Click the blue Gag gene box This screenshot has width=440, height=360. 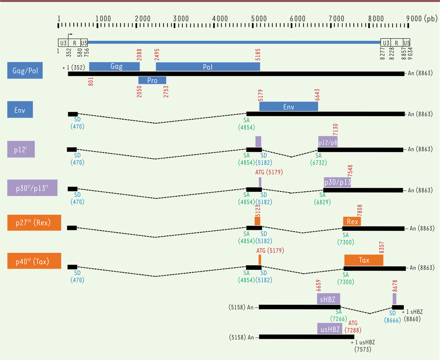pyautogui.click(x=114, y=66)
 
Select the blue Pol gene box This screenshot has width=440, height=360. pyautogui.click(x=208, y=66)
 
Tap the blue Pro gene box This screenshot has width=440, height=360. pyautogui.click(x=152, y=80)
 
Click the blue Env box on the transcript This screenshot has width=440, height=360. pyautogui.click(x=289, y=106)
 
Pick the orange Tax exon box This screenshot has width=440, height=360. pyautogui.click(x=364, y=260)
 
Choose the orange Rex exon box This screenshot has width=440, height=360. pyautogui.click(x=352, y=221)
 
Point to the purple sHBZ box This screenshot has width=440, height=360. pyautogui.click(x=329, y=298)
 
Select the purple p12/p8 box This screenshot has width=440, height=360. pyautogui.click(x=328, y=142)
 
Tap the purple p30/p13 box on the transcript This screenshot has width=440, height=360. pyautogui.click(x=337, y=182)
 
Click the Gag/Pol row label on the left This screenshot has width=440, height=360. pyautogui.click(x=25, y=70)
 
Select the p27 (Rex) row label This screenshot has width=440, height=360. pyautogui.click(x=34, y=223)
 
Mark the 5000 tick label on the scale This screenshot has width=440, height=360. pyautogui.click(x=258, y=18)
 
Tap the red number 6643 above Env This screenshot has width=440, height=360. pyautogui.click(x=318, y=94)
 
